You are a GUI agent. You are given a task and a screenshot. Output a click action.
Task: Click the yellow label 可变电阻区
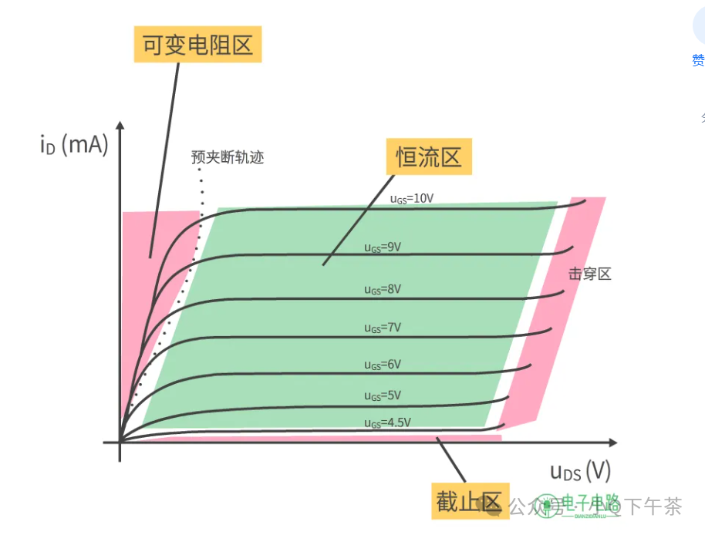point(198,45)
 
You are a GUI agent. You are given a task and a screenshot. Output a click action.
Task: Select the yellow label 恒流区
point(429,157)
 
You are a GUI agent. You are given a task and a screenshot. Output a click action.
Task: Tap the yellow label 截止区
point(469,502)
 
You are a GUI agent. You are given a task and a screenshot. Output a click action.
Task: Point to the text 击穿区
point(590,274)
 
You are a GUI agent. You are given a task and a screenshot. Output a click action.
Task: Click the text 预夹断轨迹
point(228,157)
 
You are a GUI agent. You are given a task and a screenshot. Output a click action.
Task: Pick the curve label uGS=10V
point(412,198)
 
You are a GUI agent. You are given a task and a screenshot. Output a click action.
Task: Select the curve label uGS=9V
point(383,247)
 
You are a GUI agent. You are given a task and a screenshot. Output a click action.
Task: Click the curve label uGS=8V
point(383,289)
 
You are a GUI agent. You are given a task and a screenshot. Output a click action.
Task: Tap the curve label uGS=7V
point(383,328)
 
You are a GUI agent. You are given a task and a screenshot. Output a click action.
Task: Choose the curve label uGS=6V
point(383,364)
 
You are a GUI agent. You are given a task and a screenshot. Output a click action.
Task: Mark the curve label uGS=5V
point(383,395)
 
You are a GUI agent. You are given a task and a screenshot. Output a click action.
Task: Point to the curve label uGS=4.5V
point(387,422)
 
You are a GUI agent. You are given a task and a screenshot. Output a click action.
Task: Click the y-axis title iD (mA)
point(73,144)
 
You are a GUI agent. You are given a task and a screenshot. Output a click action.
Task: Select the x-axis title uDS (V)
point(580,470)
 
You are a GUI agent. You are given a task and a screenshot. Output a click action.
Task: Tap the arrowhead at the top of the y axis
point(120,125)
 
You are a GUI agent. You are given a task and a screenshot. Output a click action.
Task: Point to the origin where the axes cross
point(120,442)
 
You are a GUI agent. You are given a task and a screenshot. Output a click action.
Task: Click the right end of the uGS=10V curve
point(584,200)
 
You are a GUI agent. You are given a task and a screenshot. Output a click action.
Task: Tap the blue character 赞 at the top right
point(698,60)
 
